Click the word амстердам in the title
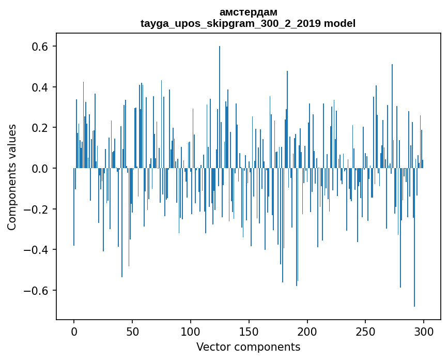[248, 12]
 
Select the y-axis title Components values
[12, 177]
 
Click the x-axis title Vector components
[248, 347]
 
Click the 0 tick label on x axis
[74, 331]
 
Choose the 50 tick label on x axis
[132, 331]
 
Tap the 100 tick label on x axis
[191, 331]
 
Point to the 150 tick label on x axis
[249, 331]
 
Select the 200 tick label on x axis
[307, 331]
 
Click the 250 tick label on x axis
[365, 331]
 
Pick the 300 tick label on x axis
[424, 331]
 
